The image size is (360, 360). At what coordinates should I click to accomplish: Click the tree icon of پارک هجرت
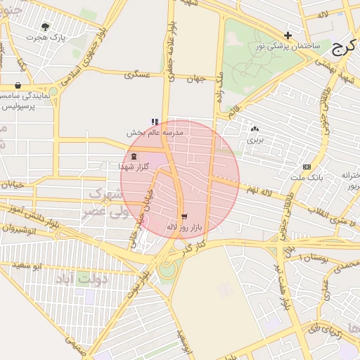pos(46,26)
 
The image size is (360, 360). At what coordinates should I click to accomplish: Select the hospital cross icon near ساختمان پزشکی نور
pos(287,34)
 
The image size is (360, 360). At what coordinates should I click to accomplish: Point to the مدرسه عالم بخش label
pos(155,132)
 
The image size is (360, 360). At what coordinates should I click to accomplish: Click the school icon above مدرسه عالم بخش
pos(155,122)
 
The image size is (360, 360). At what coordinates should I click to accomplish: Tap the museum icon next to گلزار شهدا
pos(134,156)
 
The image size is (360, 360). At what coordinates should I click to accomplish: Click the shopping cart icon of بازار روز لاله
pos(184,217)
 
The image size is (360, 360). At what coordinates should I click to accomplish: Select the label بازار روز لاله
pos(184,227)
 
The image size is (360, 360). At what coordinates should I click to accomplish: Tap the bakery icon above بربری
pos(254,129)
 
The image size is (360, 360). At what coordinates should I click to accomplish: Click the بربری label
pos(253,140)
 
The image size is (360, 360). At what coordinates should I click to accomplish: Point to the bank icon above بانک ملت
pos(307,167)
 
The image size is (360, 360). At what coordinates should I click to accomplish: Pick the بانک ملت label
pos(307,177)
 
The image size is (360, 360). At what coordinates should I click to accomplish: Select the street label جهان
pos(195,79)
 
